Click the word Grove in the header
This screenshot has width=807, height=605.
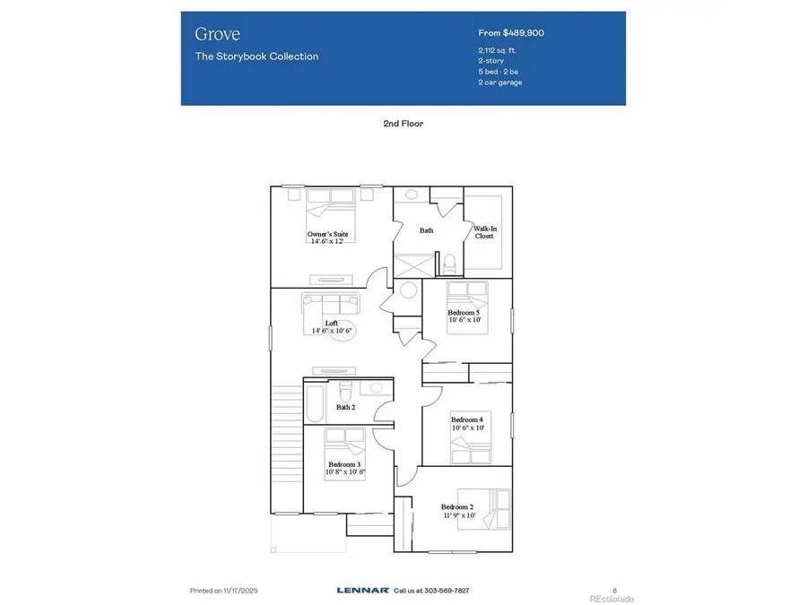(x=217, y=34)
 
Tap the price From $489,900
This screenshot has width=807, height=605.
(x=511, y=33)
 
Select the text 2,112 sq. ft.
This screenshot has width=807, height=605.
(x=498, y=50)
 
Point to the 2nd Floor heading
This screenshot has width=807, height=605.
(x=403, y=124)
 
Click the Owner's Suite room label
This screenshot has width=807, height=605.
(x=327, y=235)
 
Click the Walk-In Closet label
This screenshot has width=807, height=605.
(x=485, y=232)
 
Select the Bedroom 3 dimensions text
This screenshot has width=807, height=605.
(x=345, y=471)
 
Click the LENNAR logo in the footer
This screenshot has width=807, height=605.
(x=363, y=591)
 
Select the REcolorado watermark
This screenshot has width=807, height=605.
(x=611, y=598)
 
